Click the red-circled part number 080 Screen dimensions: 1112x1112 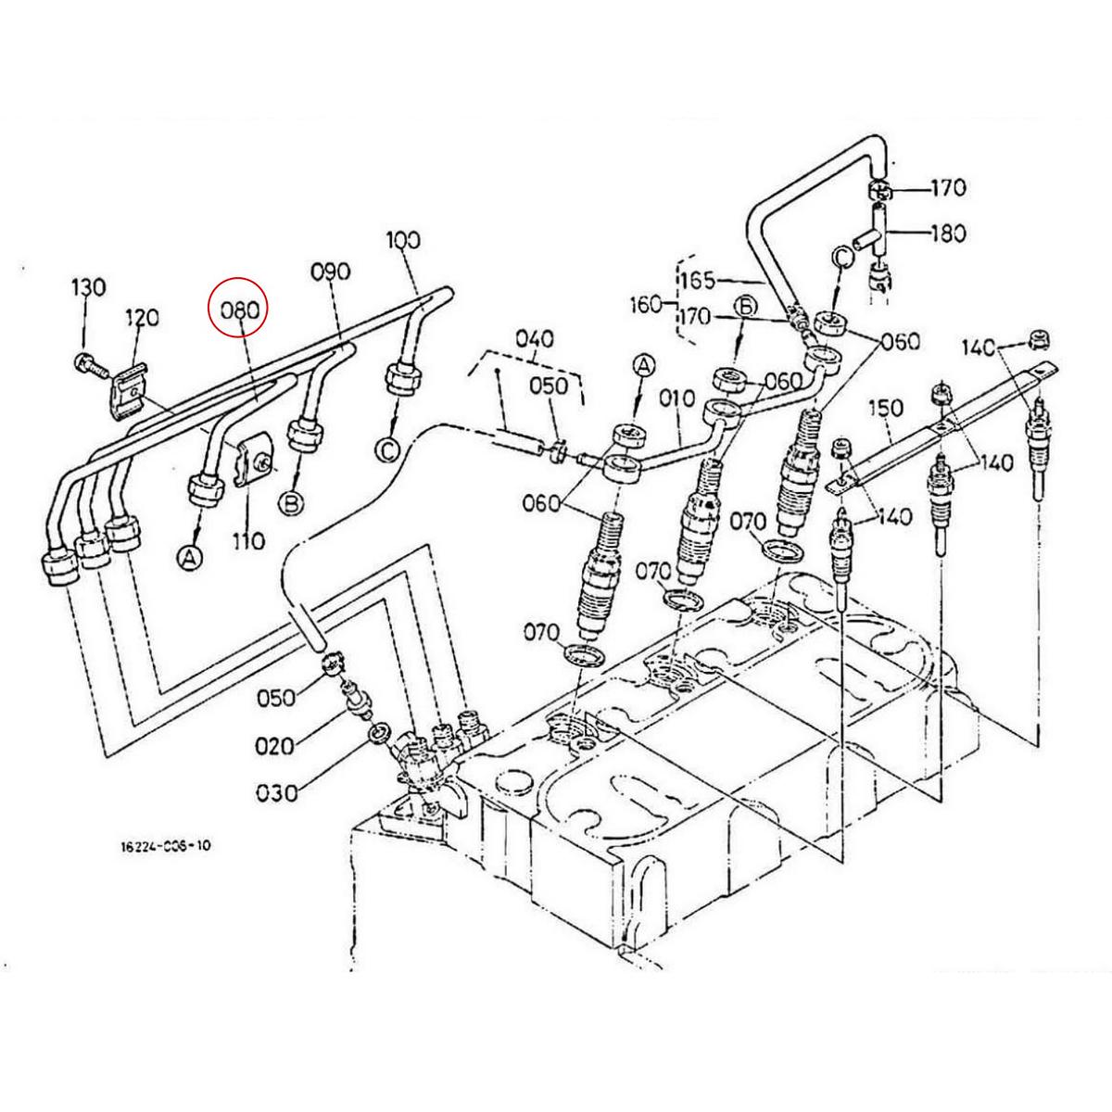(238, 310)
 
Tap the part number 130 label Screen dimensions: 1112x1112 (89, 287)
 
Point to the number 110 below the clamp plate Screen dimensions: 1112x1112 (248, 539)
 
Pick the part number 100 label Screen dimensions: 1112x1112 (403, 240)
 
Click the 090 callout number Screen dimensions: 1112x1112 (330, 272)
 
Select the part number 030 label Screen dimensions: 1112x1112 (278, 793)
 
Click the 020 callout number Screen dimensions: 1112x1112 (276, 746)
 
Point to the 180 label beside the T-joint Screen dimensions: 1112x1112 (946, 233)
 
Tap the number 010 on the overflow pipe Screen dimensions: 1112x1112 (676, 398)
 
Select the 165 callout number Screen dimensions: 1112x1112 (699, 278)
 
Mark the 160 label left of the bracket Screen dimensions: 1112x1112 (644, 303)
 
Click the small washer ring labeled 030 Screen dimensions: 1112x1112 (378, 735)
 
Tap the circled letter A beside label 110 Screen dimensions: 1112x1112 (190, 558)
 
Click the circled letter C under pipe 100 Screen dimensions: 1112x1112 (388, 450)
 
